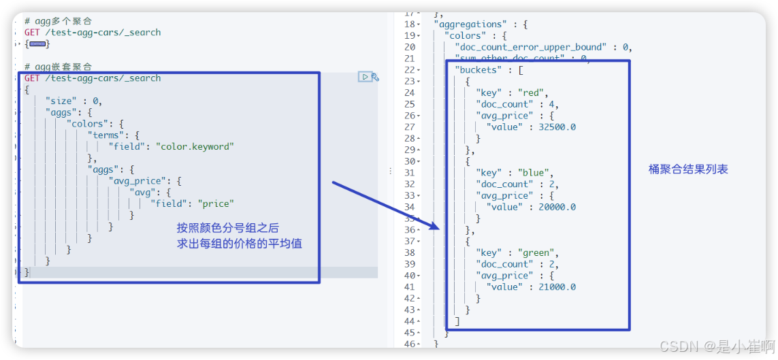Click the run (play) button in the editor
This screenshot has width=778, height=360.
pyautogui.click(x=365, y=78)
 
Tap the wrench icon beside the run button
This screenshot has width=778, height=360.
pyautogui.click(x=375, y=78)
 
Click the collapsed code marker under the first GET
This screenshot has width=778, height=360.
pyautogui.click(x=37, y=44)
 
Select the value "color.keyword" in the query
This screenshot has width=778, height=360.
pyautogui.click(x=194, y=146)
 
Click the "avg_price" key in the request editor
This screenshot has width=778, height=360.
pyautogui.click(x=142, y=181)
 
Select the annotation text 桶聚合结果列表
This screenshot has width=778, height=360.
pyautogui.click(x=688, y=169)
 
